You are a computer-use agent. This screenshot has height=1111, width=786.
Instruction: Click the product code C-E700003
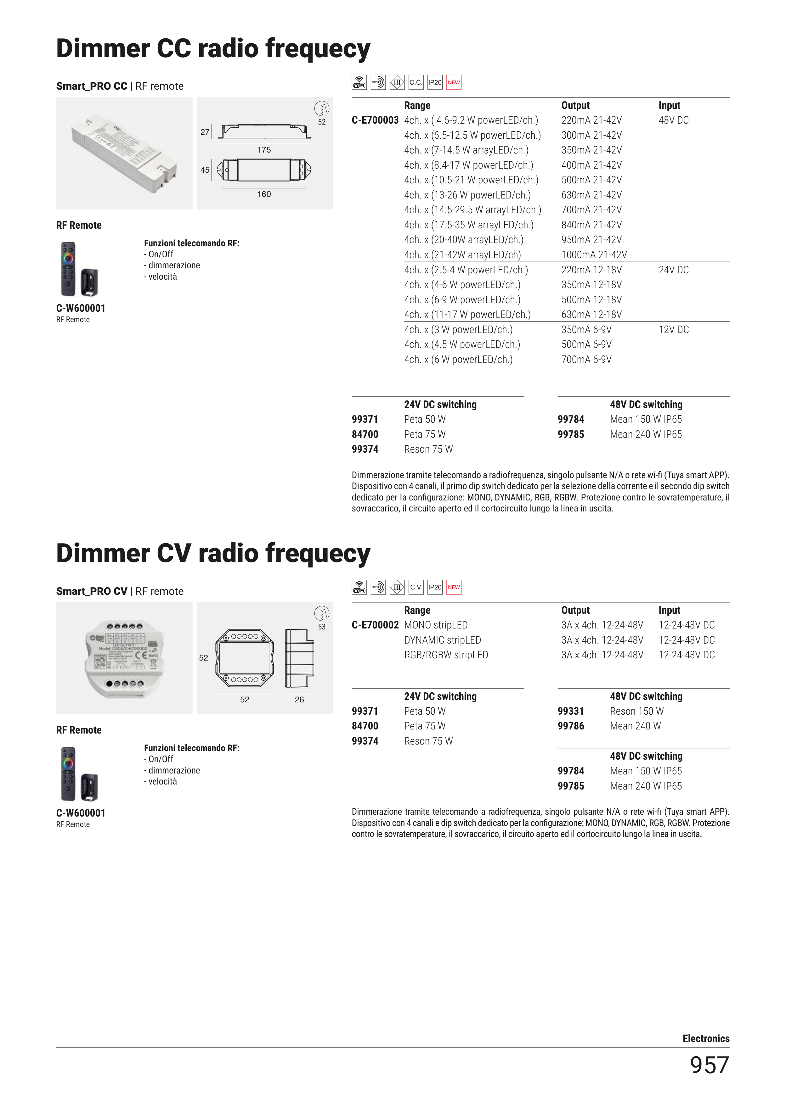375,120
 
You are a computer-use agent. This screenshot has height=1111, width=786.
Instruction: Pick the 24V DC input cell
673,270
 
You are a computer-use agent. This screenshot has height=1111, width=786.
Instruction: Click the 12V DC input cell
673,330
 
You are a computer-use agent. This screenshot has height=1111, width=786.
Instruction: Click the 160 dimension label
264,194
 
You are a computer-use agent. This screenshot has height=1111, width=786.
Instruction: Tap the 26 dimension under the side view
299,700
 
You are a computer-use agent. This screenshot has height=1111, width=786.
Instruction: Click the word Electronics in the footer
706,1038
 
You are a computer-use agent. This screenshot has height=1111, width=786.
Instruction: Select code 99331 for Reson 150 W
570,711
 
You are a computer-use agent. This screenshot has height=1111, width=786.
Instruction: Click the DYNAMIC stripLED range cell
442,640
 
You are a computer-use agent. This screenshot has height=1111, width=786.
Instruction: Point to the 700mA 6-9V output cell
586,360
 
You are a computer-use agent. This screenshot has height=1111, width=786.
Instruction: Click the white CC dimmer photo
124,153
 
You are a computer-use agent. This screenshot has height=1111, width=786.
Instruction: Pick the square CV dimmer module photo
124,658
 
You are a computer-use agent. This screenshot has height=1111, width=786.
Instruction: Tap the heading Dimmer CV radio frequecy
213,553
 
